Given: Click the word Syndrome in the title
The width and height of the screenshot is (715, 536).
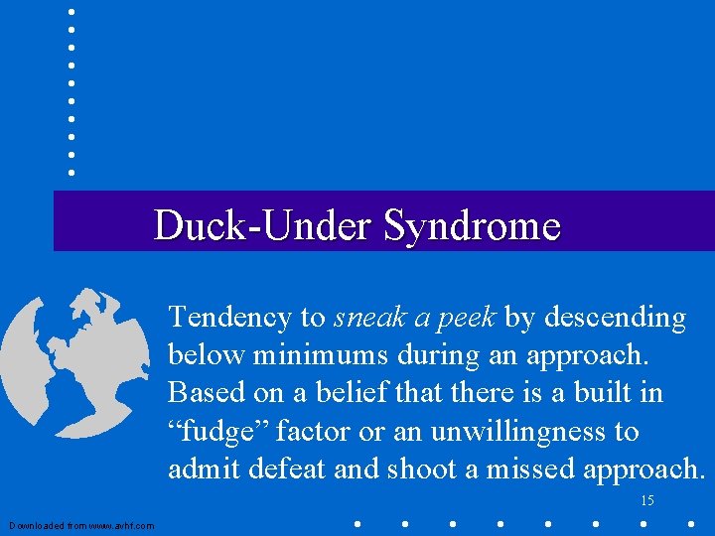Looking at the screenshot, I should click(472, 226).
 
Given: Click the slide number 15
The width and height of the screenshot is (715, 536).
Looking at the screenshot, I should click(647, 501).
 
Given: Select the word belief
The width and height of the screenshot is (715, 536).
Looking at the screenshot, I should click(357, 393).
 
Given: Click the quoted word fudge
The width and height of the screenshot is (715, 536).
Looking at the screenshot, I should click(221, 432).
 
